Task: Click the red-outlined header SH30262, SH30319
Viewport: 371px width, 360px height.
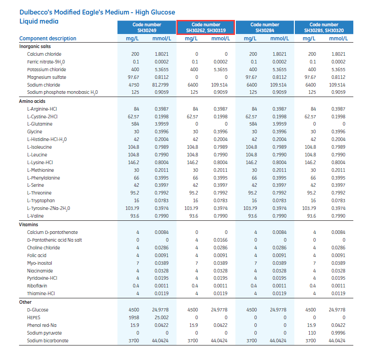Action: pyautogui.click(x=206, y=28)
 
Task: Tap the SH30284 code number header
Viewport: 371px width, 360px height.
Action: pyautogui.click(x=265, y=28)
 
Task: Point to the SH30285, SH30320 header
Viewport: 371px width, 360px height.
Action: pyautogui.click(x=324, y=28)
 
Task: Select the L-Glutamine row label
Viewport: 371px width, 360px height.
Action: pyautogui.click(x=39, y=124)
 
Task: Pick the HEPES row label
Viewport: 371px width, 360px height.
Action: pyautogui.click(x=34, y=317)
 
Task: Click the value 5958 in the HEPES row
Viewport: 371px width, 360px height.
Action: pyautogui.click(x=135, y=317)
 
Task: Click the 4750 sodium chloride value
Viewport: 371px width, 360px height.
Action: pyautogui.click(x=135, y=85)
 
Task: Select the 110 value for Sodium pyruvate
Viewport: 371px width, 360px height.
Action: pyautogui.click(x=312, y=333)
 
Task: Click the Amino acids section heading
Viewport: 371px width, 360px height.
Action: pyautogui.click(x=31, y=101)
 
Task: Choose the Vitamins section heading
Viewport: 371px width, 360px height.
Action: pyautogui.click(x=29, y=224)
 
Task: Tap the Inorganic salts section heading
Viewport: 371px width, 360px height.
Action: pyautogui.click(x=35, y=46)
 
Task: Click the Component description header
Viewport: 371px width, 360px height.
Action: pyautogui.click(x=48, y=39)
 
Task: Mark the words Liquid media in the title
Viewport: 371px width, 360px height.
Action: pyautogui.click(x=39, y=21)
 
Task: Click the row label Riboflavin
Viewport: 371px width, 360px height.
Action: pyautogui.click(x=37, y=286)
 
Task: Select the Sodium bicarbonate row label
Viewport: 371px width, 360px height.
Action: pyautogui.click(x=48, y=341)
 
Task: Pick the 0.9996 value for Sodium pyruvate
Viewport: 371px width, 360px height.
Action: pyautogui.click(x=338, y=333)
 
